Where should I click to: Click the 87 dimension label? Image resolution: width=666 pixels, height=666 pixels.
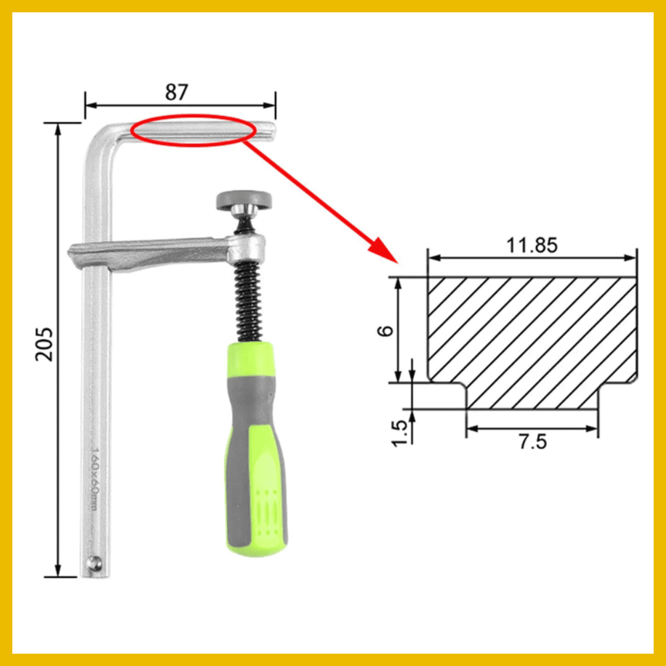(176, 92)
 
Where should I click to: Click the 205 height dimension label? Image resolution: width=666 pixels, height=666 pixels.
(44, 344)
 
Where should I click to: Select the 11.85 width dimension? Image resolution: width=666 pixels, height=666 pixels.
(532, 245)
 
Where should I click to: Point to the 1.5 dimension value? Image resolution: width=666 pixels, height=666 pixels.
(401, 432)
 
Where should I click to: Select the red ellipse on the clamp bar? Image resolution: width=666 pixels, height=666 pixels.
(193, 130)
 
